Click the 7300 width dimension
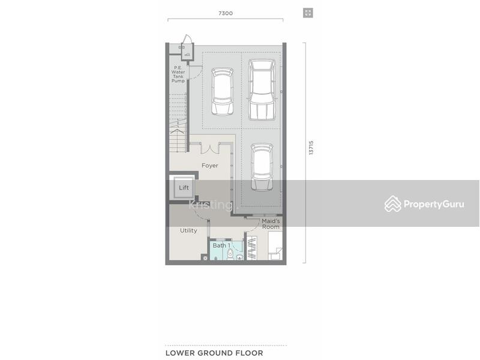tap(226, 13)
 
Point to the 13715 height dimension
tap(311, 148)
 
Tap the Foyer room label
tap(209, 166)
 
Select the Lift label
tap(184, 188)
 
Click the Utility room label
tap(188, 230)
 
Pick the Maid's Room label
tap(271, 224)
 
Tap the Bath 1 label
tap(221, 245)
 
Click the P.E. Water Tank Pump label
tap(178, 74)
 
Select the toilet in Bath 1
tap(230, 254)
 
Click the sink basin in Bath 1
tap(239, 257)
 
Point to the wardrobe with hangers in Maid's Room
tap(251, 248)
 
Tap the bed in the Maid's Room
tap(275, 246)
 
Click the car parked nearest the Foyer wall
tap(262, 167)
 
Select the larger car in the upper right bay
tap(262, 89)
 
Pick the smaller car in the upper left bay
tap(223, 92)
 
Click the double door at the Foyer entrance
tap(210, 148)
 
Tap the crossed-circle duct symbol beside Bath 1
tap(205, 258)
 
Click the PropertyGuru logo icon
tap(393, 203)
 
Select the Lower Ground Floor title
tap(214, 353)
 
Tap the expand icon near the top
tap(308, 13)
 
